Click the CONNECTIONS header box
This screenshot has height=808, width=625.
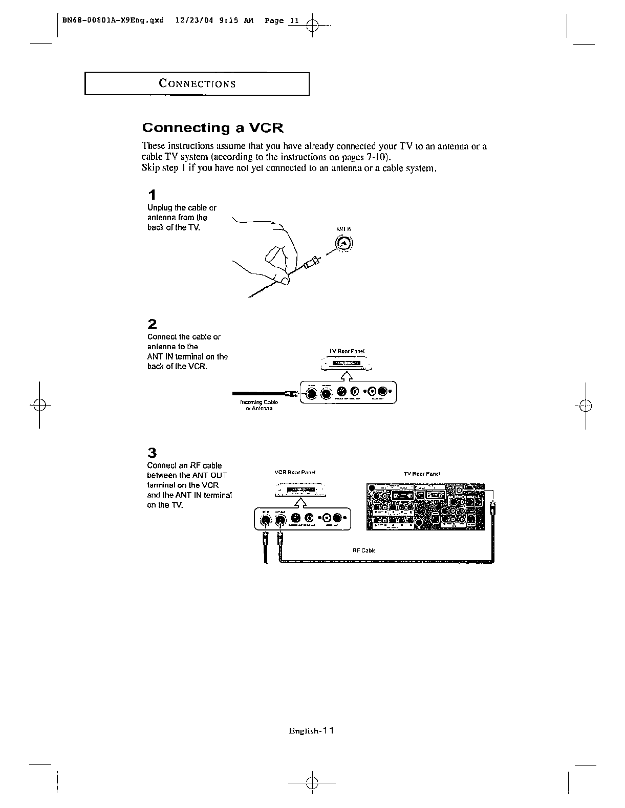point(197,84)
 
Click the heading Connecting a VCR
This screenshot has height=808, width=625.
point(212,127)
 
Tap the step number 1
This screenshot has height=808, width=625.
point(152,195)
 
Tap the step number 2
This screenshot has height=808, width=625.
point(152,324)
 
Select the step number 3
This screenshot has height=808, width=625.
point(152,453)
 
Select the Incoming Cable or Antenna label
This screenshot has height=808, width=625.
point(259,406)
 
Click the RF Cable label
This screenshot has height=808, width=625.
point(364,550)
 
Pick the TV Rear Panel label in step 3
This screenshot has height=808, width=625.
point(422,474)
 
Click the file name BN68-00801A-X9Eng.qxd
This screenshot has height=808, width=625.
point(113,21)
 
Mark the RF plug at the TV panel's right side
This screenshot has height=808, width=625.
point(492,509)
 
